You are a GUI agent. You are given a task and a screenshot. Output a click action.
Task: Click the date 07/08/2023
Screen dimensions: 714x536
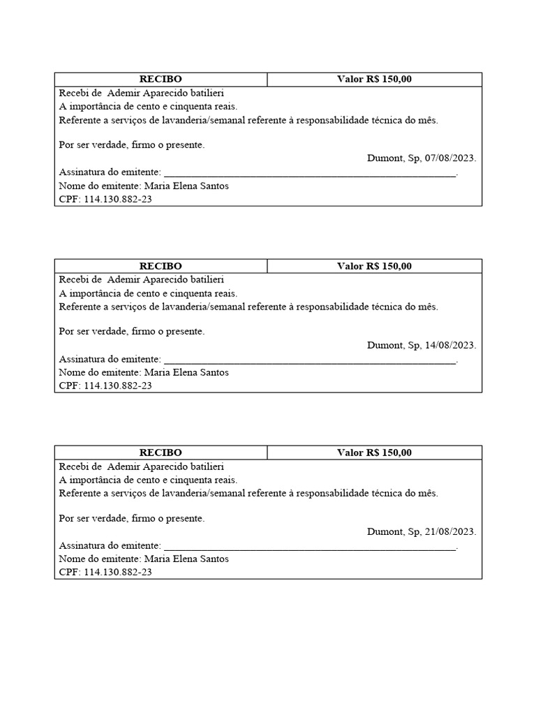click(449, 158)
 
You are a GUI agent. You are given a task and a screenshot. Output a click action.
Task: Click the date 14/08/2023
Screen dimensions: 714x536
click(449, 345)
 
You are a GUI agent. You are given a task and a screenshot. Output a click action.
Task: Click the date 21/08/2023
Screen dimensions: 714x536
click(449, 532)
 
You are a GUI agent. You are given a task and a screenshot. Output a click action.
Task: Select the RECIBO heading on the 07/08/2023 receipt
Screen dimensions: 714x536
click(161, 79)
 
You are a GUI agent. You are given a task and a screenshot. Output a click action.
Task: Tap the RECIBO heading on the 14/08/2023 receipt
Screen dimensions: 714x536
click(161, 266)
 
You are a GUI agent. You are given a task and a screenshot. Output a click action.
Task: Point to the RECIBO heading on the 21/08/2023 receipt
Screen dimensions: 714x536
click(161, 453)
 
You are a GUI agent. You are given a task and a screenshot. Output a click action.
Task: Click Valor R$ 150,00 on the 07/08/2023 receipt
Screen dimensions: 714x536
click(374, 79)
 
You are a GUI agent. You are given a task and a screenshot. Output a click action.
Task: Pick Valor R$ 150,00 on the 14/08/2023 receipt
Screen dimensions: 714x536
click(374, 266)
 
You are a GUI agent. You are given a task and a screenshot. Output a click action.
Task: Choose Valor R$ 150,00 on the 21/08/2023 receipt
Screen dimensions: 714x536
click(374, 453)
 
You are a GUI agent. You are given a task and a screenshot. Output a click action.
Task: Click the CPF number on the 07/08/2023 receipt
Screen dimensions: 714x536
click(117, 199)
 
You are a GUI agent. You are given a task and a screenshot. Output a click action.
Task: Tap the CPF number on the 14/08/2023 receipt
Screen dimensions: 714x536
click(117, 386)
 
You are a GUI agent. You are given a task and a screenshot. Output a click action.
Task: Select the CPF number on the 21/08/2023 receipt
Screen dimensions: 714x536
click(117, 572)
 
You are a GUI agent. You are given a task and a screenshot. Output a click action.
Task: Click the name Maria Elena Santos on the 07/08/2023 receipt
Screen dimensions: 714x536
click(186, 186)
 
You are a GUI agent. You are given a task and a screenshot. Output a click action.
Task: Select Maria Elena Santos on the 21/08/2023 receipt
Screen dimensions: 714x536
click(186, 559)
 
